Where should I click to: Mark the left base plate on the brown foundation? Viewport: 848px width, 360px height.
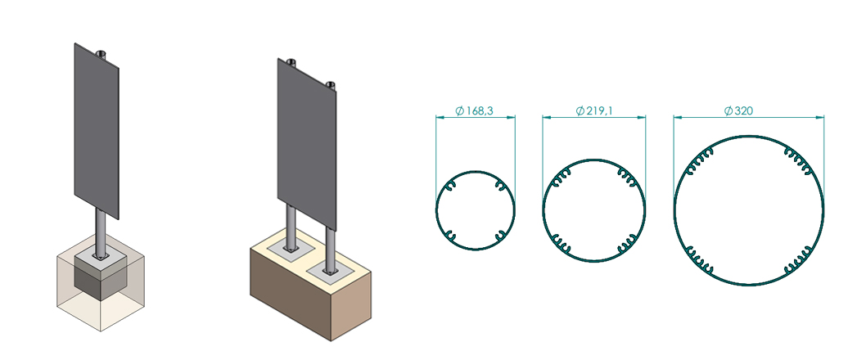pyautogui.click(x=291, y=246)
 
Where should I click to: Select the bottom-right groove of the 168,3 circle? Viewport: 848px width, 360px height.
pyautogui.click(x=498, y=236)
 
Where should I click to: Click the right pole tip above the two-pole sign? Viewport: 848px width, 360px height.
pyautogui.click(x=331, y=83)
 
